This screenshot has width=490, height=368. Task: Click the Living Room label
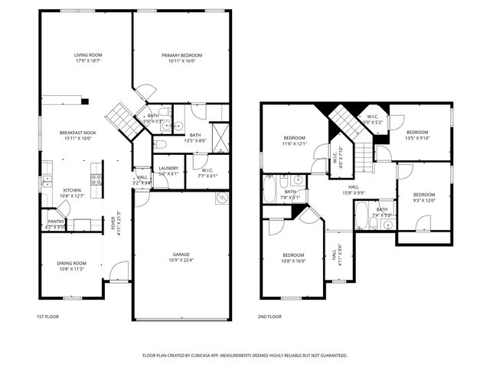point(88,55)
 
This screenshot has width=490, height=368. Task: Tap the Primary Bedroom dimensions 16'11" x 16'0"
point(181,61)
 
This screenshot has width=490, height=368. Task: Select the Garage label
point(181,255)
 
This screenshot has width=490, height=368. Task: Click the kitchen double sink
point(47,174)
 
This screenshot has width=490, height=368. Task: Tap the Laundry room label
point(168,168)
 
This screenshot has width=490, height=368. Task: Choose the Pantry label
point(56,222)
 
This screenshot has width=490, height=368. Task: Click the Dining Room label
point(71,264)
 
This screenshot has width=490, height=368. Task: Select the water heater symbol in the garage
point(222,199)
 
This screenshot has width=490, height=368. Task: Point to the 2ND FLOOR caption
point(269,317)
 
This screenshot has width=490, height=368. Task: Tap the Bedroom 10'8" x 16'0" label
point(292,255)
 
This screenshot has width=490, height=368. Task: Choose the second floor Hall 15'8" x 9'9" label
point(353,186)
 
